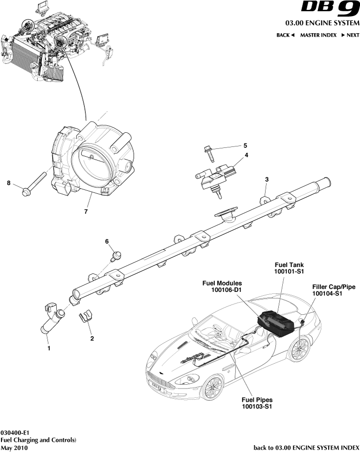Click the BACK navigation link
click(x=285, y=35)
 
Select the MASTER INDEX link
click(x=318, y=35)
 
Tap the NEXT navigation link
click(x=350, y=35)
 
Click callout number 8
click(x=8, y=183)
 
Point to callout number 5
click(x=246, y=145)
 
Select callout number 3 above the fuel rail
click(x=267, y=180)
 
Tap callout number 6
click(x=106, y=242)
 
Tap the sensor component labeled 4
click(x=218, y=176)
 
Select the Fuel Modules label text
click(x=222, y=283)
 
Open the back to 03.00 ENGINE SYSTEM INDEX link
click(x=306, y=447)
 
